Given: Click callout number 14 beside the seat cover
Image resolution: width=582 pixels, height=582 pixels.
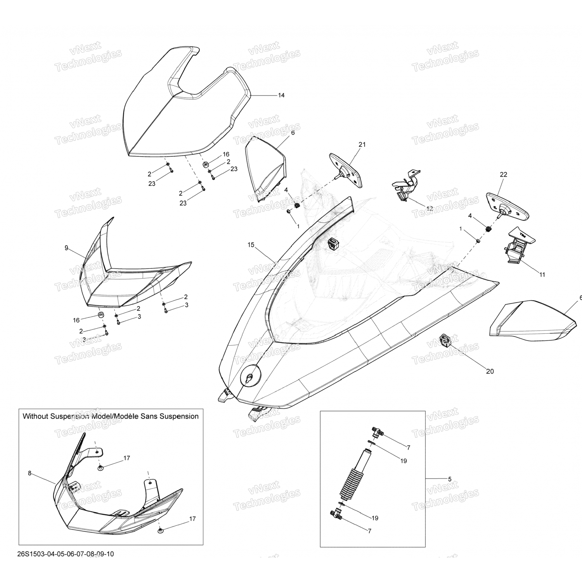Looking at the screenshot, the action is pos(281,95).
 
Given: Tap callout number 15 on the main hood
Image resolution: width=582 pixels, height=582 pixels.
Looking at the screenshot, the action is pos(251,245).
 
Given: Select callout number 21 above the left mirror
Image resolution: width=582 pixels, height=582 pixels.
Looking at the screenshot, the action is pos(362,145).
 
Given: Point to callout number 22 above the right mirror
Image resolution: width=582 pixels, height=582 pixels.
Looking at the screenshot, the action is pos(503,175).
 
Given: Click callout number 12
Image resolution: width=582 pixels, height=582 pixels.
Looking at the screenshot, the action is pos(430,208).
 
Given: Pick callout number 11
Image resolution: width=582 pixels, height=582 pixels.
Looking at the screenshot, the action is pos(542,275).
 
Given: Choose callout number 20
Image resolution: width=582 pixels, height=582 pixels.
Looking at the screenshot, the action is pos(490,371).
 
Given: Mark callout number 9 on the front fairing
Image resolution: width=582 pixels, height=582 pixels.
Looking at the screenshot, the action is pos(66,248).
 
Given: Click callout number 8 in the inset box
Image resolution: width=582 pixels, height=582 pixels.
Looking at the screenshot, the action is pos(29,473).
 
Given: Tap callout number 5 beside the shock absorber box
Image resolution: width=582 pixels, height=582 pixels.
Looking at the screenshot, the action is pos(450,479).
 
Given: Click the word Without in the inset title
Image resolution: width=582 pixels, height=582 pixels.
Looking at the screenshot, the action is pos(36,416).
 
